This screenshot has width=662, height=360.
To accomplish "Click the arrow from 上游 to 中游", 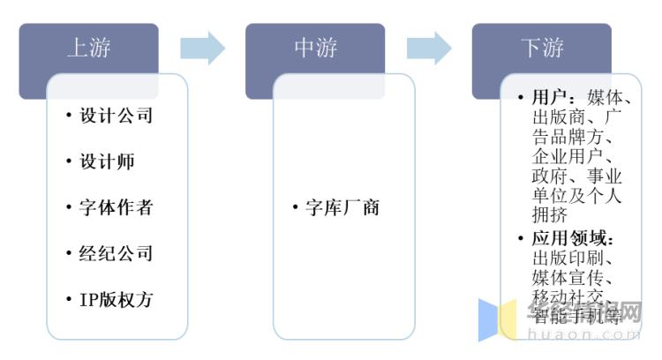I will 202,48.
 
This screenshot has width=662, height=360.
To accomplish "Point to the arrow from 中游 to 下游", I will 429,48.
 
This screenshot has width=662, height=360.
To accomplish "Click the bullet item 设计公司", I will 116,116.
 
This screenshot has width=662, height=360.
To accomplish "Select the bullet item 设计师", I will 107,161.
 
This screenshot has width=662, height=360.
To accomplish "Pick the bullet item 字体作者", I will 116,207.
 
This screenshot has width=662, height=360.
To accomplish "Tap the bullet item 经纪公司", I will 116,253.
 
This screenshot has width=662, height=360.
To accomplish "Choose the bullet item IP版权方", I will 116,299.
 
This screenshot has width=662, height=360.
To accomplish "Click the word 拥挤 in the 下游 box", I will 551,214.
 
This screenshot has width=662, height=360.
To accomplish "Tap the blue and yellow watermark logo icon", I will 497,319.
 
